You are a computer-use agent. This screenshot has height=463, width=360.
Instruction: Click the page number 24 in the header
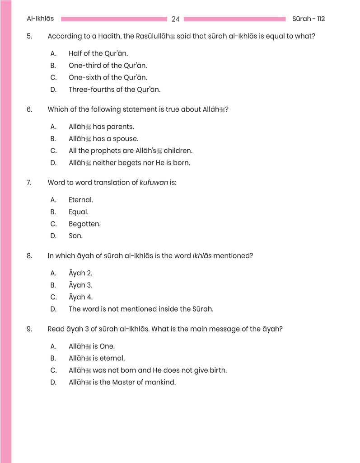pyautogui.click(x=176, y=19)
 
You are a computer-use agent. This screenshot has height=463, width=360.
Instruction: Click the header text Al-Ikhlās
pyautogui.click(x=40, y=19)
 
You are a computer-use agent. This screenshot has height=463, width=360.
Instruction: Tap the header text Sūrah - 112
pyautogui.click(x=309, y=19)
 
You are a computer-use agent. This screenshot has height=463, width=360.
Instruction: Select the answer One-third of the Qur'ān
pyautogui.click(x=108, y=66)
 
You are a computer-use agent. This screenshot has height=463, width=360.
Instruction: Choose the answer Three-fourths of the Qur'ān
pyautogui.click(x=114, y=90)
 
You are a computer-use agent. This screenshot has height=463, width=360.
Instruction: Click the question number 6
pyautogui.click(x=29, y=109)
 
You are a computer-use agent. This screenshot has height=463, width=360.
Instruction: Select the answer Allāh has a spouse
pyautogui.click(x=103, y=139)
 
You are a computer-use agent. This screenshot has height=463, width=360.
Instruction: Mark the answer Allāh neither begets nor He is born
pyautogui.click(x=129, y=163)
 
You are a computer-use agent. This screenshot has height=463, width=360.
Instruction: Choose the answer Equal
pyautogui.click(x=79, y=212)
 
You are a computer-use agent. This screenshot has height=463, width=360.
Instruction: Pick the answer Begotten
pyautogui.click(x=84, y=224)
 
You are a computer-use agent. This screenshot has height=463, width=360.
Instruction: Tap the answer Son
pyautogui.click(x=75, y=236)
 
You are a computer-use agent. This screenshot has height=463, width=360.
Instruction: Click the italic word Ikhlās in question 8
pyautogui.click(x=202, y=256)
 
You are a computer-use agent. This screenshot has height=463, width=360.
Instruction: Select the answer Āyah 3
pyautogui.click(x=80, y=285)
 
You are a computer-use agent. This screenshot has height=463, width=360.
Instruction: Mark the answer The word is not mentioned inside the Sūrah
pyautogui.click(x=140, y=309)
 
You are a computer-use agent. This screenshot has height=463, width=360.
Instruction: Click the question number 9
pyautogui.click(x=29, y=329)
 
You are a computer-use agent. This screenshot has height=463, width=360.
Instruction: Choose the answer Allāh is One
pyautogui.click(x=92, y=346)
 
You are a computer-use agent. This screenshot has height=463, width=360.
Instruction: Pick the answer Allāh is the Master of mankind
pyautogui.click(x=122, y=383)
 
